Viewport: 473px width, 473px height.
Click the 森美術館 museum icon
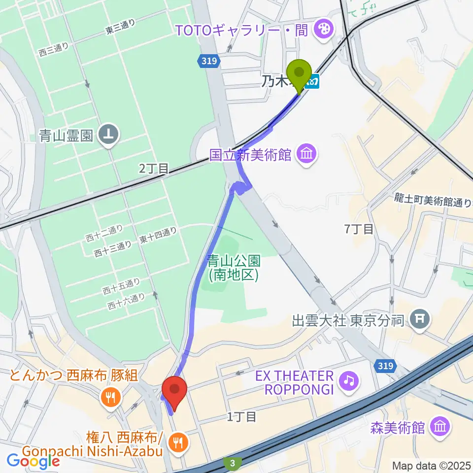[439, 427]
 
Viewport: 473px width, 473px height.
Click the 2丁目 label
[154, 169]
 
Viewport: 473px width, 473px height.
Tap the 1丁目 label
[241, 417]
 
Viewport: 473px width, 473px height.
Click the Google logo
[33, 461]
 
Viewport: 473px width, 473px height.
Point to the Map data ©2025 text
[431, 465]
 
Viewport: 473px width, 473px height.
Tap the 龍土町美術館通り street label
[433, 201]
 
